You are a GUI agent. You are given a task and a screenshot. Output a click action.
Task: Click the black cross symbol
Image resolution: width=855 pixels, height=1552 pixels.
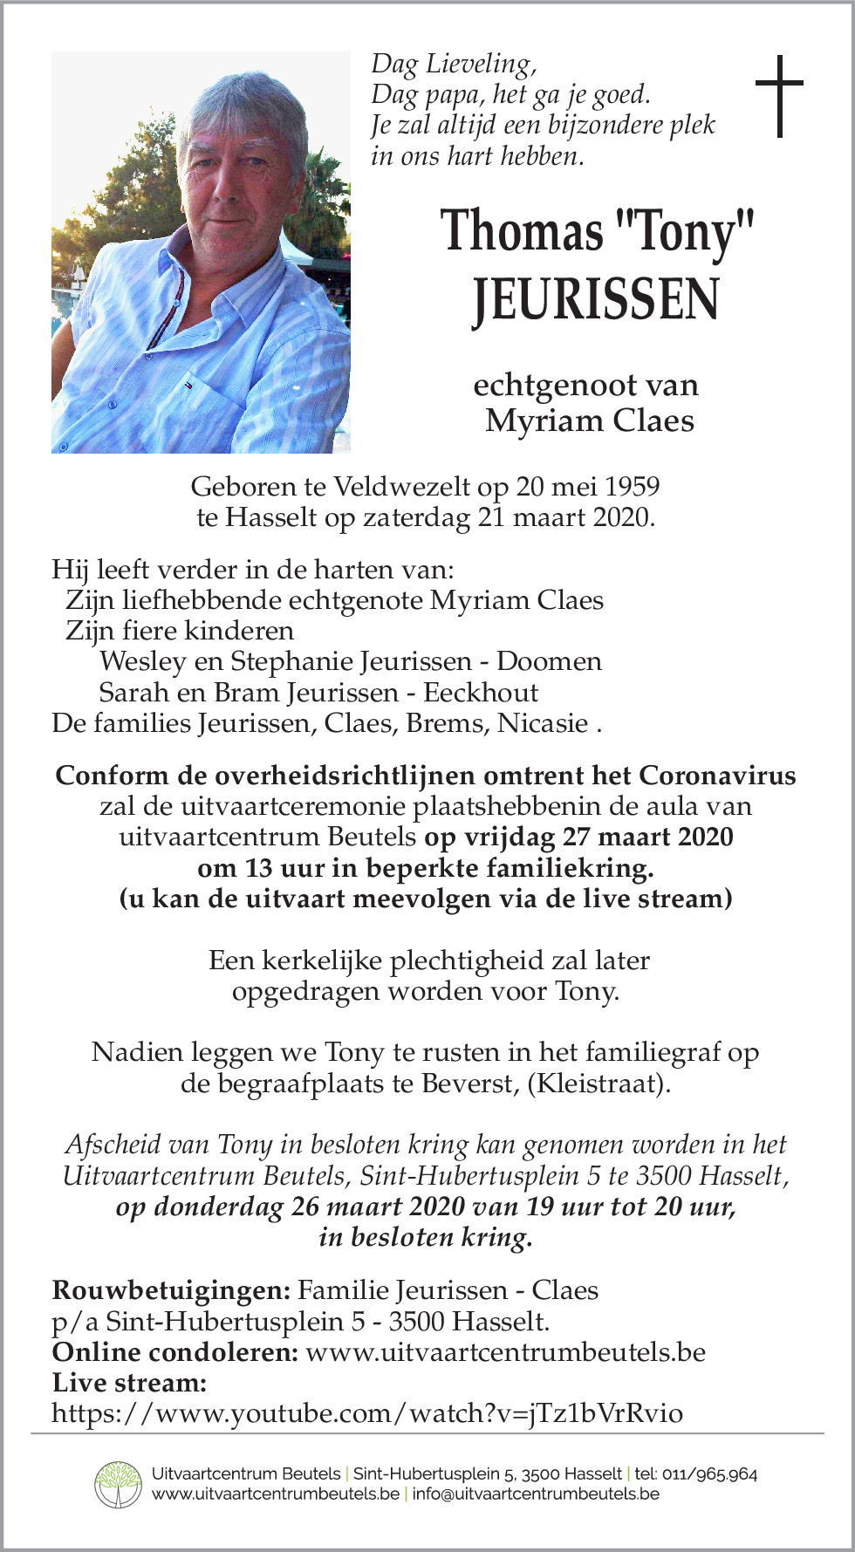pos(778,95)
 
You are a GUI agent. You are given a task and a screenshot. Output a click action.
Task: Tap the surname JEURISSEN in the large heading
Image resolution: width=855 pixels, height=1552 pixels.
pos(596,299)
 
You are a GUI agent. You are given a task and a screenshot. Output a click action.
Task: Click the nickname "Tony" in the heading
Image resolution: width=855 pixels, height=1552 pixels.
pos(684,232)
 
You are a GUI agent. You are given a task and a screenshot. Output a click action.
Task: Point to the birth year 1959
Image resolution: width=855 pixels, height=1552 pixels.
pos(632,487)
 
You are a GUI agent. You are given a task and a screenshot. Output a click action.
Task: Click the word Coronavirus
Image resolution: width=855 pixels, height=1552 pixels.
pos(717,776)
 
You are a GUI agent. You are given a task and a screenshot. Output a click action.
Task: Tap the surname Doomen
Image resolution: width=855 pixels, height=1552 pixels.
pos(549,661)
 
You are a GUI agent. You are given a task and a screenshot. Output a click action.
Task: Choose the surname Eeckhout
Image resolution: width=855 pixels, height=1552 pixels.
pos(481,693)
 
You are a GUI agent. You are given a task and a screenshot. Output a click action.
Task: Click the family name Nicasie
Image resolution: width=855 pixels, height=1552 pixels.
pos(543,723)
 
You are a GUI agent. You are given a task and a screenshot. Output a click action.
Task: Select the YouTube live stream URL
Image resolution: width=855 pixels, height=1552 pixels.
pos(367,1413)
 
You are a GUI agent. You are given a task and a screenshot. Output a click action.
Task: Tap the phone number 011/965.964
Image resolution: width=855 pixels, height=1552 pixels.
pos(709,1474)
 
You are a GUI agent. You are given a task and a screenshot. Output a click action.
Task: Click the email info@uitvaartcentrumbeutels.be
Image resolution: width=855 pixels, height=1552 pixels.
pos(536,1494)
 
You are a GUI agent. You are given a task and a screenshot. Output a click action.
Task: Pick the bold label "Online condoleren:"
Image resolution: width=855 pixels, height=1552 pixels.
pos(175,1352)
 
